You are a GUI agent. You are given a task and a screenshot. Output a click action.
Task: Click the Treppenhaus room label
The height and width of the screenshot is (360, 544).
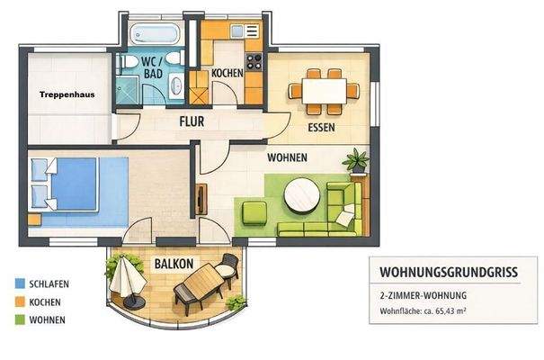click(x=67, y=93)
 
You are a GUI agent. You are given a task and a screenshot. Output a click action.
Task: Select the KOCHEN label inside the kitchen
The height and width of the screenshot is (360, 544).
click(x=227, y=73)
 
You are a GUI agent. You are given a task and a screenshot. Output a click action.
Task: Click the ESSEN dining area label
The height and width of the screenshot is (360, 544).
click(x=321, y=128)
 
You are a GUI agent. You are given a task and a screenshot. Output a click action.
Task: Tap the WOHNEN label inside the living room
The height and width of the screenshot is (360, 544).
click(x=287, y=157)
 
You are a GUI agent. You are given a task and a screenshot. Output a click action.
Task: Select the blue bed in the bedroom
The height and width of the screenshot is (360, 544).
click(x=67, y=184)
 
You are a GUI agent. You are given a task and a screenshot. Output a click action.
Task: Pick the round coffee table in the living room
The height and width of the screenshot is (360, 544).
click(x=300, y=193)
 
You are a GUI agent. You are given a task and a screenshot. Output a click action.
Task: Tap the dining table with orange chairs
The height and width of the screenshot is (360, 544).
click(x=323, y=90)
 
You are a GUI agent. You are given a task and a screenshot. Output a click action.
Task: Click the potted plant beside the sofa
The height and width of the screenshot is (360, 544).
click(x=357, y=161)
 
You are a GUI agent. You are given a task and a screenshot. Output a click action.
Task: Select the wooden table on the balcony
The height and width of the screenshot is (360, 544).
click(x=200, y=287)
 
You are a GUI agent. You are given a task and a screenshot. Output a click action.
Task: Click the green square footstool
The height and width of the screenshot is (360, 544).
click(x=256, y=213)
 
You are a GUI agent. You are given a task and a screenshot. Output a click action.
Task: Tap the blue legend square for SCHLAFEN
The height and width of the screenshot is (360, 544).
click(x=20, y=283)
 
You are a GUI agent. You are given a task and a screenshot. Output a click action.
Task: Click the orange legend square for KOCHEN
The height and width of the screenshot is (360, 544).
click(x=20, y=301)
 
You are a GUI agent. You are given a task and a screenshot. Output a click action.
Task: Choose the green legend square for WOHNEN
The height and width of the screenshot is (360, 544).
click(x=20, y=319)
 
